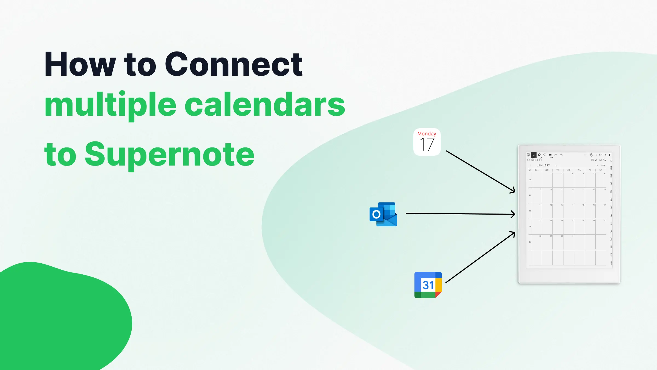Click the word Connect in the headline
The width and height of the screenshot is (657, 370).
click(x=234, y=65)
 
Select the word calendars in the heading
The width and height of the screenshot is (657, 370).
click(x=265, y=105)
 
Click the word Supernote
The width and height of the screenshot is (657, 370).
click(x=169, y=155)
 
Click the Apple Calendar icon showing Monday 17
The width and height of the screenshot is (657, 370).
click(x=427, y=142)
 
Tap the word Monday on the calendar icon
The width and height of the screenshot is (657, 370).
click(x=427, y=134)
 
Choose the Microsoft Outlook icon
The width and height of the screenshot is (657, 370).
click(x=383, y=214)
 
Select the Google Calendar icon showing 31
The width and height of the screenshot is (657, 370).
click(x=428, y=285)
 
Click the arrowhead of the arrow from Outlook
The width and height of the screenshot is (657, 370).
click(x=514, y=214)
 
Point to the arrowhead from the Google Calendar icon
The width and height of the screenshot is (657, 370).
click(x=513, y=233)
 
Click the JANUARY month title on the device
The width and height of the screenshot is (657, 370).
click(x=543, y=166)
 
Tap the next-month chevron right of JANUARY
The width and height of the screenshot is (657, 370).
click(x=556, y=166)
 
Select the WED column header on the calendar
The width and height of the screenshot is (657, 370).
click(x=569, y=170)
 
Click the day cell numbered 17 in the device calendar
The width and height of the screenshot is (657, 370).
click(x=569, y=211)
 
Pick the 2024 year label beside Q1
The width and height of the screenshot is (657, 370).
click(x=603, y=166)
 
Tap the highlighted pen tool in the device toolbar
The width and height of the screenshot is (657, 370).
click(x=534, y=155)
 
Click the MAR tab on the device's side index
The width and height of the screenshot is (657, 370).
click(x=611, y=199)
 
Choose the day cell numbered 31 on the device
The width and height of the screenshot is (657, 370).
click(x=569, y=242)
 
